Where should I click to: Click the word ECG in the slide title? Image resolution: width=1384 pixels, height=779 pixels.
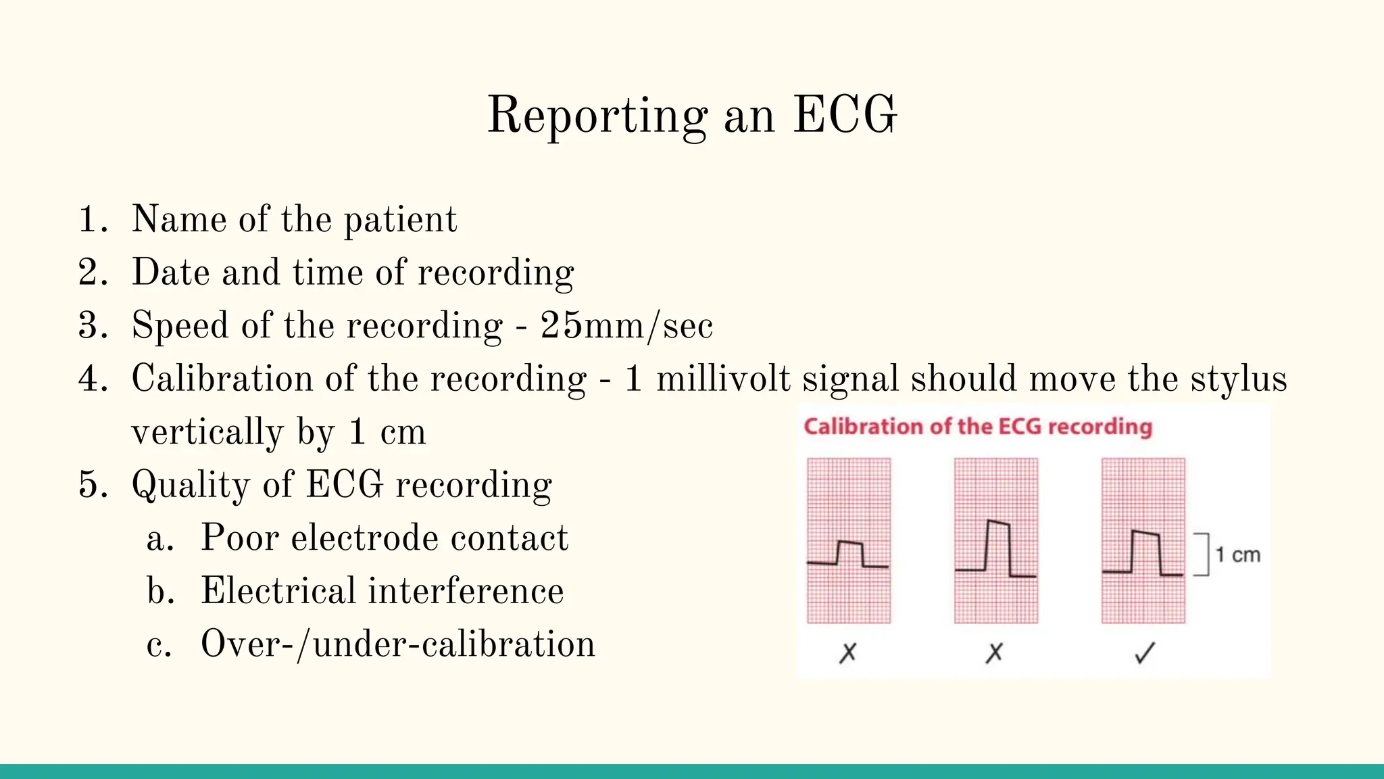click(845, 115)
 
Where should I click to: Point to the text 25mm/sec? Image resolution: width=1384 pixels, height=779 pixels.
click(626, 326)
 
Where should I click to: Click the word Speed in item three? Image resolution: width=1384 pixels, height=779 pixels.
click(180, 326)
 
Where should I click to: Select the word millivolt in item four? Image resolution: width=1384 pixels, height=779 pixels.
click(723, 379)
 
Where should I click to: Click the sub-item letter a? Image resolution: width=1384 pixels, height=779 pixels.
click(159, 539)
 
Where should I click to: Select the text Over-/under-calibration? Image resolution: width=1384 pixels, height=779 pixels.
click(397, 644)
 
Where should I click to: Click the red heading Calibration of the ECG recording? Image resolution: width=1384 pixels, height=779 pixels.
click(977, 427)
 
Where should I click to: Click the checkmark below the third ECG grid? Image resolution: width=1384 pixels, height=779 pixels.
click(1145, 653)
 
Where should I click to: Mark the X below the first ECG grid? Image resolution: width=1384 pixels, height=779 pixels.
click(847, 653)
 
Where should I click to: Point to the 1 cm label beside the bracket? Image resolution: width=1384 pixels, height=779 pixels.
click(1237, 555)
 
